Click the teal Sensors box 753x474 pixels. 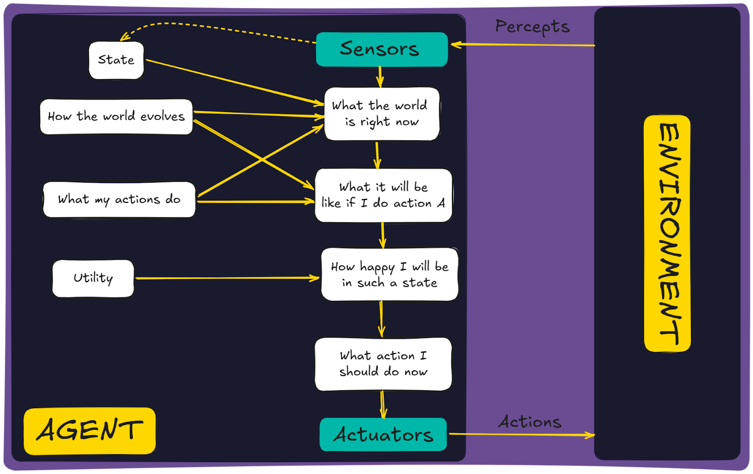point(382,49)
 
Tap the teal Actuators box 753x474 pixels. point(383,434)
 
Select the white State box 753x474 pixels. point(116,60)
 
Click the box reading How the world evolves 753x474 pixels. point(116,116)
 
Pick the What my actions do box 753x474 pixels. point(119,200)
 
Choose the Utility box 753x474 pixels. point(93,278)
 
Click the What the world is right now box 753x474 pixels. point(382,113)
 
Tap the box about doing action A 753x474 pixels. point(383,195)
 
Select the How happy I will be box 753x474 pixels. point(389,274)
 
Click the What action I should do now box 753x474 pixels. point(383,363)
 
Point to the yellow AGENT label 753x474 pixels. point(89,430)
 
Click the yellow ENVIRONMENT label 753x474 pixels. point(667,233)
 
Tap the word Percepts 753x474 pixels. point(532,27)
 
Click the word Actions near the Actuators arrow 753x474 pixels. point(530,422)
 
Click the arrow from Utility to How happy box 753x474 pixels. point(226,278)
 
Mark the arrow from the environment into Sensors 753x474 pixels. point(522,45)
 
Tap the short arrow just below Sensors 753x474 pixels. point(380,76)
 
